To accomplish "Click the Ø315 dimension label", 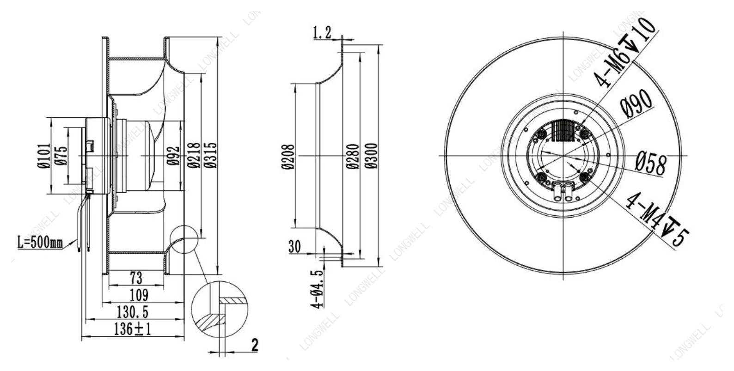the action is [210, 155].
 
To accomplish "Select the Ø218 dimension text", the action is [194, 155].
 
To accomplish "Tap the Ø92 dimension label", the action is [174, 156].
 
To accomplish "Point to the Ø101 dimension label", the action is [44, 156].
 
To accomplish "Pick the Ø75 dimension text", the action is [61, 156].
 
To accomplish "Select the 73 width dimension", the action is [136, 278].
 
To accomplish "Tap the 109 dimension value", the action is [139, 295].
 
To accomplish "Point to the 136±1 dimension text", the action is [132, 329].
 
